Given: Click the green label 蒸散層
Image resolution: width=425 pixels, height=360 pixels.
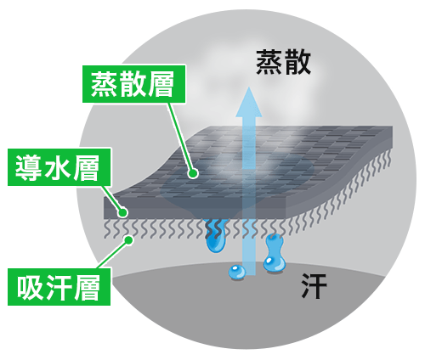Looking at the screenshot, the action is [134, 84].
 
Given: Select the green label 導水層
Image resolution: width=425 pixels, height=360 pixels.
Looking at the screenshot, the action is [59, 167].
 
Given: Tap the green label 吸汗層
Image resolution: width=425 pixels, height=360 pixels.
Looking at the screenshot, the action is [59, 287].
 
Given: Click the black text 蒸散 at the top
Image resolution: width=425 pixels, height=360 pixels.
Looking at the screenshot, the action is [283, 63].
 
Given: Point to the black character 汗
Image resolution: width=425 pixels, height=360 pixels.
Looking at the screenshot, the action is [314, 286].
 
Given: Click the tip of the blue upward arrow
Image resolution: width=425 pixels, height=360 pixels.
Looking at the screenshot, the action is [248, 87].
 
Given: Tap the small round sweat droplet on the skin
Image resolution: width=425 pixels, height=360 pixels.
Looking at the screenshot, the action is [237, 273].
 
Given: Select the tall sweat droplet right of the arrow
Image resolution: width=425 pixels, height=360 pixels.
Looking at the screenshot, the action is [274, 253].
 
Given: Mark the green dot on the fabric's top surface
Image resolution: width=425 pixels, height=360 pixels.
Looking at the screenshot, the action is [193, 173].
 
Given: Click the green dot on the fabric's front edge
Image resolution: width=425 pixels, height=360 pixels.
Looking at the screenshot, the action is [123, 212].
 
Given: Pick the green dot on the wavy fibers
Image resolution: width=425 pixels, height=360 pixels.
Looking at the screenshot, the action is [128, 240].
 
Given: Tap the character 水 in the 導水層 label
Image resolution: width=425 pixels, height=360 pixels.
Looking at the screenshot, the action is [59, 167].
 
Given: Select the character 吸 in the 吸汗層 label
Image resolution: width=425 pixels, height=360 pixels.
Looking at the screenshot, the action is [30, 287].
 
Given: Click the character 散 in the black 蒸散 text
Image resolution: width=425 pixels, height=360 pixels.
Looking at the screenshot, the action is [297, 63].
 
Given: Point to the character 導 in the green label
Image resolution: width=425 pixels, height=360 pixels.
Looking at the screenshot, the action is [28, 167].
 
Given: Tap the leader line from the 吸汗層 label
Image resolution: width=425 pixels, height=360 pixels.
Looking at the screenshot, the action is [113, 255].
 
